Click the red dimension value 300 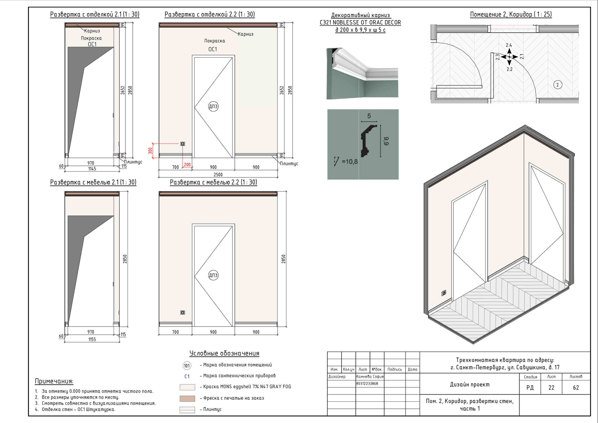150,151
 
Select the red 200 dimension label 187,165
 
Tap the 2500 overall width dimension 218,174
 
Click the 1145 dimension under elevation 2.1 92,169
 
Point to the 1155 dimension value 92,339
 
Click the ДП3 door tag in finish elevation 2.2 213,106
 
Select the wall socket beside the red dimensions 183,144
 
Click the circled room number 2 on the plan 557,85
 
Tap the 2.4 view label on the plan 509,45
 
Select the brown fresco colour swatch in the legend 187,398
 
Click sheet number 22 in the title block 551,387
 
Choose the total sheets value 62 576,387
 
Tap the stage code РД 530,387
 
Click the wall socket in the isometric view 444,293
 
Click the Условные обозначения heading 224,353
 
